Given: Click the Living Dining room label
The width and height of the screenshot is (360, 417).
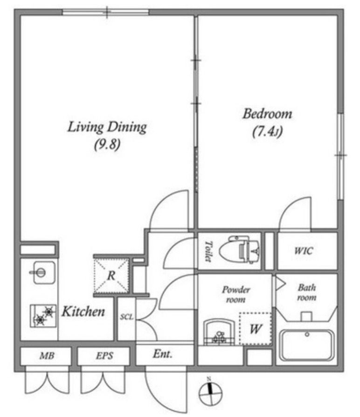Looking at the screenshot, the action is point(107,127).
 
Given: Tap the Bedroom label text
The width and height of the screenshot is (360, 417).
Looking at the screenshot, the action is point(267,114).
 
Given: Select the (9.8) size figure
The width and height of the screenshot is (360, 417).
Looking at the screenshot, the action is point(107,145).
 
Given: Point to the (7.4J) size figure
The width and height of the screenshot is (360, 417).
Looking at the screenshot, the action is point(267,132).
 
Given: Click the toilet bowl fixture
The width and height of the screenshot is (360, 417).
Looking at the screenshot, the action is point(239,250).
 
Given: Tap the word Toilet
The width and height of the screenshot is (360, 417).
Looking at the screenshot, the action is point(208,251).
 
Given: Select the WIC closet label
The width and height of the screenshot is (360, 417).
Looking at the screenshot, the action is point(304,251).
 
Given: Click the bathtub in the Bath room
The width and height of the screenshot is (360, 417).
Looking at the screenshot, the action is point(307,345).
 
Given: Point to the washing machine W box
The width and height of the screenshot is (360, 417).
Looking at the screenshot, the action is point(255,329).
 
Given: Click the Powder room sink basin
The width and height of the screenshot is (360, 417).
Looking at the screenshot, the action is point(219,333).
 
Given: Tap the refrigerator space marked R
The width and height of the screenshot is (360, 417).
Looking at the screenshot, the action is point(111,276).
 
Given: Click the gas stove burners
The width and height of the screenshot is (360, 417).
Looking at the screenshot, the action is point(43,316).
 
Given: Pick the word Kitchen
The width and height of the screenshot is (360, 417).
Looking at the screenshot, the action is point(83,312).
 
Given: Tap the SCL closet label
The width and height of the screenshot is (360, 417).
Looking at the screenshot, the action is point(126,317).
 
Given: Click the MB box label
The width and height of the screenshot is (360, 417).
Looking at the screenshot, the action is point(47,355).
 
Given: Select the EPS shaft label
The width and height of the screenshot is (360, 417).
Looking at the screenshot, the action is point(104,355).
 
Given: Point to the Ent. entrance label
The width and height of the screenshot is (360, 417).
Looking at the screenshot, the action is point(162,354).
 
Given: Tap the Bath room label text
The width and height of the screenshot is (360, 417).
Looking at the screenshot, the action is point(307,292).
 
